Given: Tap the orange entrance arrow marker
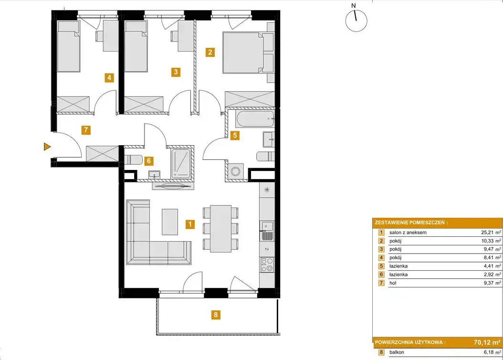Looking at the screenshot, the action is pos(47,147).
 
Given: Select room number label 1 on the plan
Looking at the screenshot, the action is pos(190,224).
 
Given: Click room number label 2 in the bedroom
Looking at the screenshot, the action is pos(210,52).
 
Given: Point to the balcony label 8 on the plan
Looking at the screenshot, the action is pos(216,315).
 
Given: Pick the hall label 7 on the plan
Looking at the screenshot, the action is pos(85,130).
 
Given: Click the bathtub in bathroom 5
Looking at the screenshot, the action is pos(255,119).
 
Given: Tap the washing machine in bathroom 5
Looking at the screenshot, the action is pos(235,171).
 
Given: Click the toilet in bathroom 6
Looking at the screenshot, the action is pos(133,159).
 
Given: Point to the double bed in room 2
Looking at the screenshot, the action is pos(248,53).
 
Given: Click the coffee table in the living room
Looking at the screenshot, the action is pos(170,222).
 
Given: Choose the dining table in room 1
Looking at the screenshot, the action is pos(220,228).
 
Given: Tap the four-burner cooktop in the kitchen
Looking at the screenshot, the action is pos(267,265).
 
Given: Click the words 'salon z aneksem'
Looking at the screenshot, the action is pos(408,233).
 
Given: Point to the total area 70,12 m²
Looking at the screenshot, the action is pos(487,342).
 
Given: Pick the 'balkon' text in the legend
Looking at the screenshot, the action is pos(397,352).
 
